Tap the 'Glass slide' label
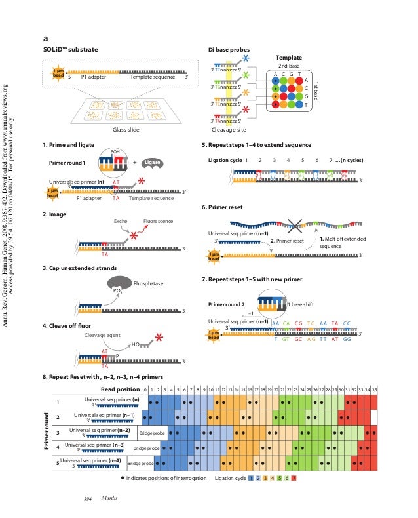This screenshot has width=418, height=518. pos(121,130)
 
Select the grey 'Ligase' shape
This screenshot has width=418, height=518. pos(153,161)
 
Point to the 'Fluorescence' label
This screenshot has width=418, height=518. pos(158,221)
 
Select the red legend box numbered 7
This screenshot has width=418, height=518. pos(295,478)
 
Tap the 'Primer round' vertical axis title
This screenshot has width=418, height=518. pos(47,431)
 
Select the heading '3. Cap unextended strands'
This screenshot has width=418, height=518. pos(80,268)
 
